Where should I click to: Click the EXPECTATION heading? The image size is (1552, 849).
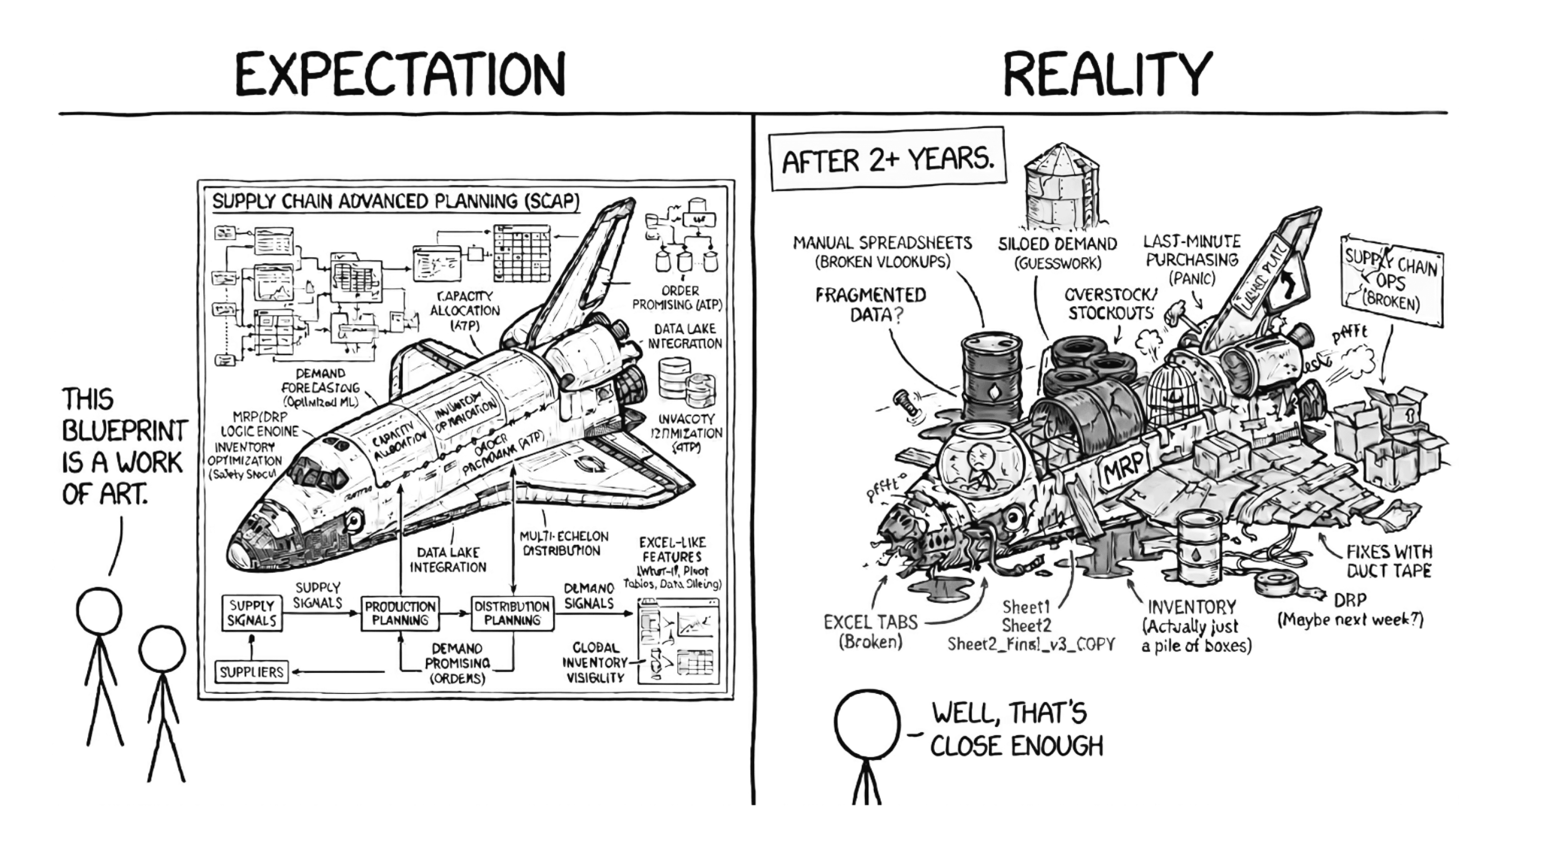tap(400, 75)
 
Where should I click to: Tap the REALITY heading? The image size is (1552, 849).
tap(1107, 75)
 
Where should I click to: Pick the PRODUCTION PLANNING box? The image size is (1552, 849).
tap(400, 613)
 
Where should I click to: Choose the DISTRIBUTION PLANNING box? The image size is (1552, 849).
tap(512, 613)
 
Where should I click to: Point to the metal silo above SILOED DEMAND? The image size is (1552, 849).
tap(1062, 187)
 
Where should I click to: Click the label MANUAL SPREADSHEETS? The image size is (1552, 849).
tap(882, 243)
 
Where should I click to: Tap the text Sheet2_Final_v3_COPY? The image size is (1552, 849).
tap(1031, 644)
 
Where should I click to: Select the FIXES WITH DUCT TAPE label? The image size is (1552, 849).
tap(1388, 561)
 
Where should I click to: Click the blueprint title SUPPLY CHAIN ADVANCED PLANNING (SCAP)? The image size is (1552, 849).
tap(396, 201)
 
